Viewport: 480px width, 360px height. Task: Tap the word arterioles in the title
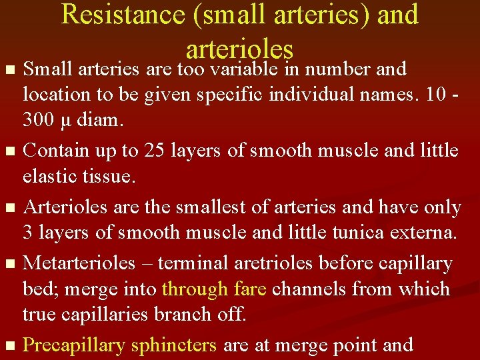tap(240, 48)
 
